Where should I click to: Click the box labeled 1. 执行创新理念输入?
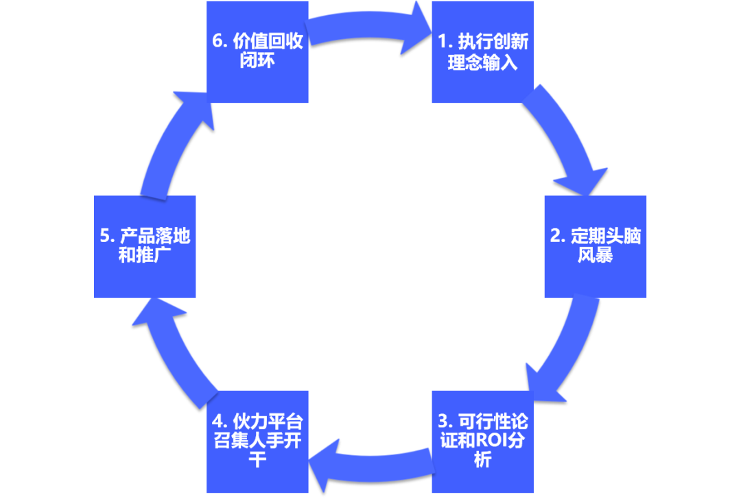[x=482, y=52]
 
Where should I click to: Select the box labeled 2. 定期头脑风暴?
[x=595, y=247]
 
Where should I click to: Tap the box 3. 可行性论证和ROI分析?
[x=482, y=441]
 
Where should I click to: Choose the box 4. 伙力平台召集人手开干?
[x=257, y=441]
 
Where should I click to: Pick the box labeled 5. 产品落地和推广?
[x=145, y=247]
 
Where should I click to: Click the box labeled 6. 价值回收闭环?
[x=257, y=52]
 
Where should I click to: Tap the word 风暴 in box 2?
[x=595, y=256]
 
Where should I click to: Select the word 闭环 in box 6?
[x=257, y=61]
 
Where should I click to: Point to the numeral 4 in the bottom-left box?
[x=217, y=421]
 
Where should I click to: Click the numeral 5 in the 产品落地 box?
[x=105, y=237]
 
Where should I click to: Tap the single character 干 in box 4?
[x=257, y=459]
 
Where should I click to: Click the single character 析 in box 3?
[x=482, y=459]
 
